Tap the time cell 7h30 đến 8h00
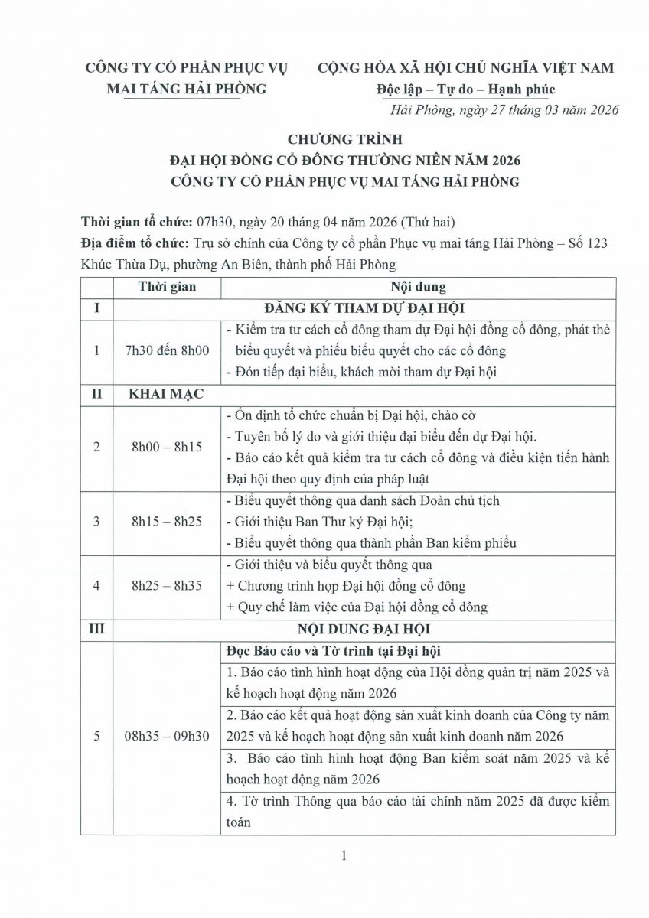pyautogui.click(x=167, y=350)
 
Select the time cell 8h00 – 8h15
pyautogui.click(x=167, y=447)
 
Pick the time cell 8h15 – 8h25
pyautogui.click(x=167, y=522)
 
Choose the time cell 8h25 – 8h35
pyautogui.click(x=167, y=586)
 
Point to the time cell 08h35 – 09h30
pyautogui.click(x=167, y=736)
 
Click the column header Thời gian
pyautogui.click(x=167, y=287)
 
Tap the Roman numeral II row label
pyautogui.click(x=96, y=396)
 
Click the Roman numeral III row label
pyautogui.click(x=96, y=630)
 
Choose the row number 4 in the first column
pyautogui.click(x=96, y=586)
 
